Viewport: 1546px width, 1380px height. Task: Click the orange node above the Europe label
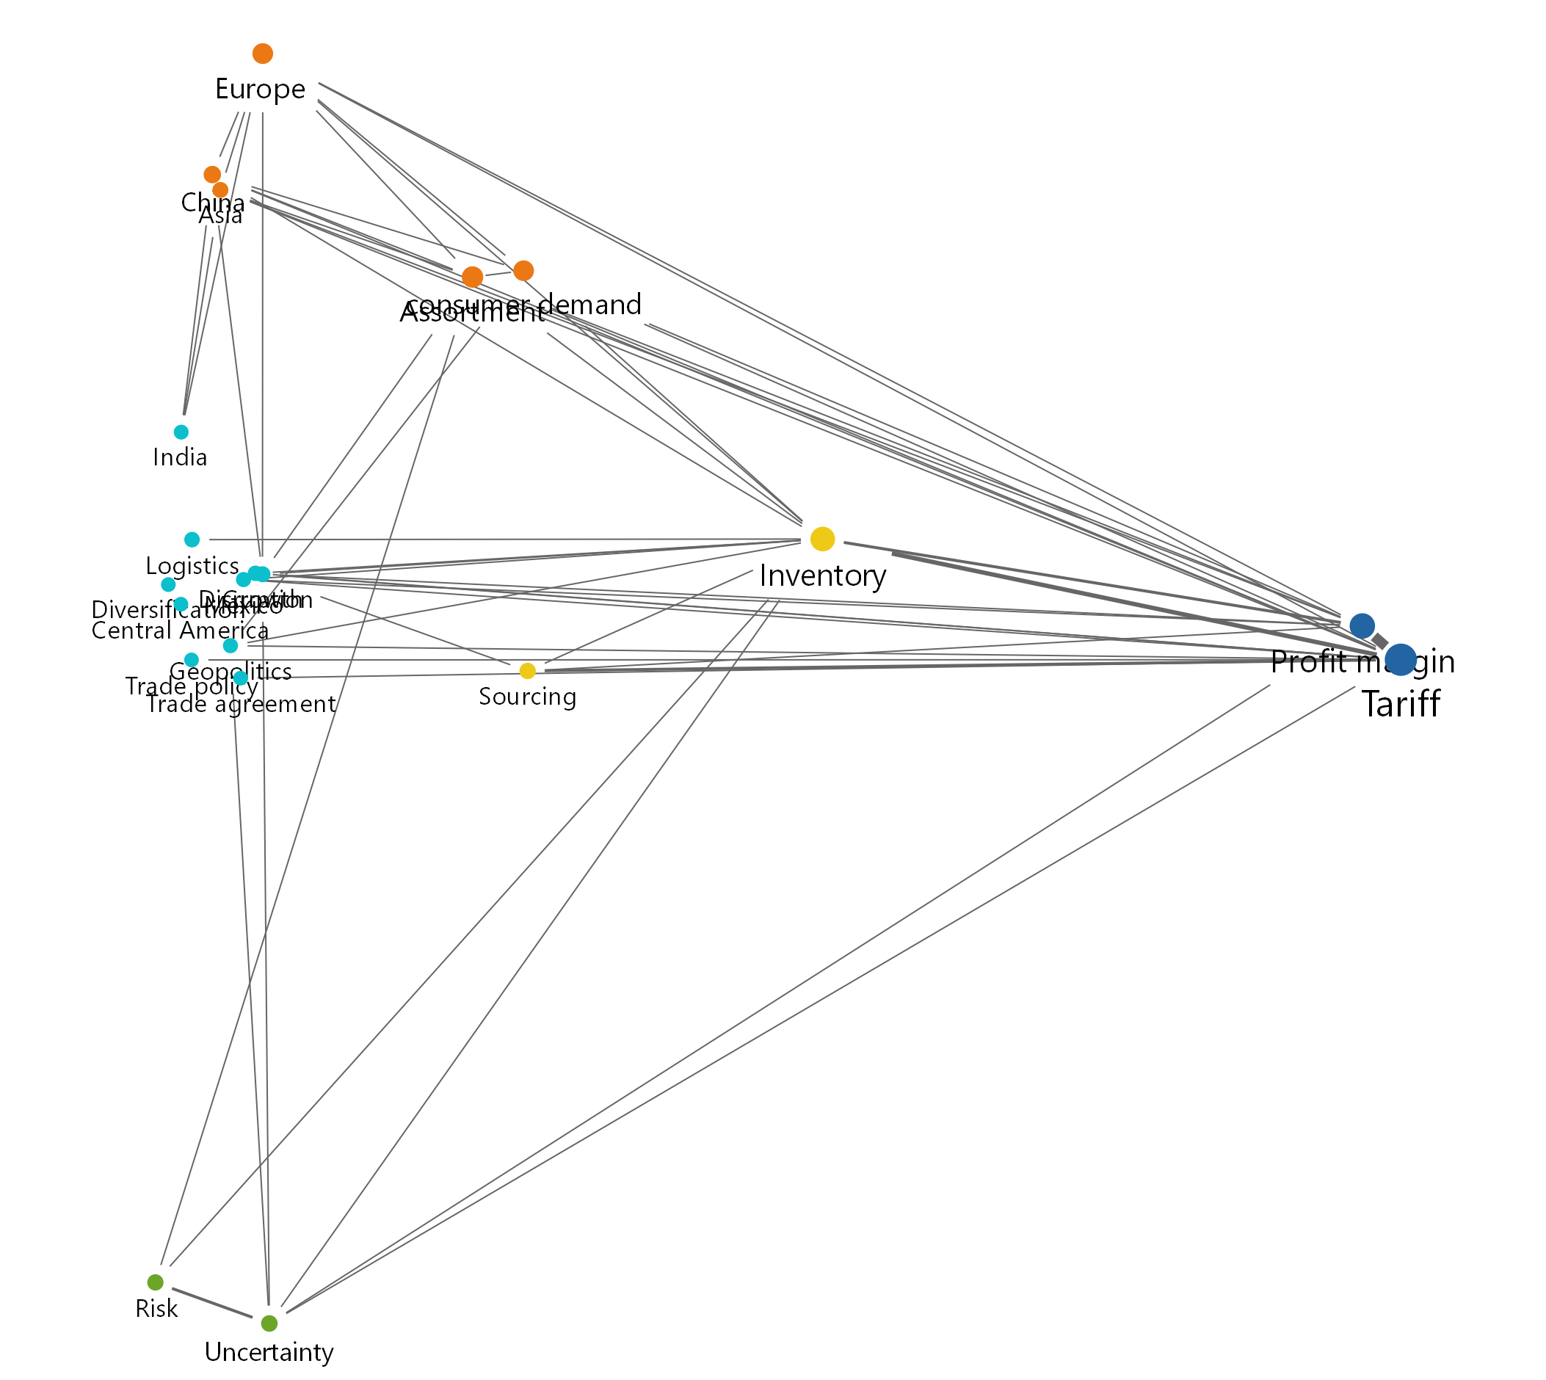[262, 54]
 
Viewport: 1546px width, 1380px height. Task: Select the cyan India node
[181, 432]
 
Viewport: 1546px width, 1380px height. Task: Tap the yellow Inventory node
[823, 539]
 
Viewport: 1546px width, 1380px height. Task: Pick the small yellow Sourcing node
[528, 671]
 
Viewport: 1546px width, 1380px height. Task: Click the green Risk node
[156, 1282]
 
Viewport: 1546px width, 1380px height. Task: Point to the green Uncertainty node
[269, 1323]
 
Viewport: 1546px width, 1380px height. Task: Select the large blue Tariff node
[1401, 660]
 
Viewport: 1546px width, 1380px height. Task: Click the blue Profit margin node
[1362, 625]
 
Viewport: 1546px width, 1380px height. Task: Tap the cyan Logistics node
[192, 540]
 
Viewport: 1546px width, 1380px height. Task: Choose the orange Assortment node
[472, 277]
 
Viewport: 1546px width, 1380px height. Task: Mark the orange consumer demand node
[524, 271]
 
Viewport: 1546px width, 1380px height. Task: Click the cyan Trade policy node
[192, 661]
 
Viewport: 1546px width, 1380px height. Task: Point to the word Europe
[260, 90]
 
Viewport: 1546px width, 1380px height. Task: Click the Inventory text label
[823, 576]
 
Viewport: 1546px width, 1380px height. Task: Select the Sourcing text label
[528, 697]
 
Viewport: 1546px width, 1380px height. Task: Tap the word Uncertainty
[269, 1352]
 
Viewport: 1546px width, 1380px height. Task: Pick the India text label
[180, 458]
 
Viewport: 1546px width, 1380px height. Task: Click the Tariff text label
[1401, 705]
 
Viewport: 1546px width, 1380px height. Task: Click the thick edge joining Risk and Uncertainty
[212, 1303]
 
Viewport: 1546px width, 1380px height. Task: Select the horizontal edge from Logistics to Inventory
[501, 540]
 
